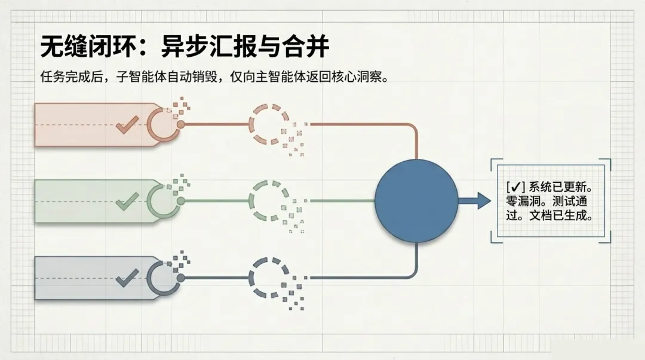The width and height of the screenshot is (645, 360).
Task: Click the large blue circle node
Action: pos(416,201)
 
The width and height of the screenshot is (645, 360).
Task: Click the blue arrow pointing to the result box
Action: pos(475,201)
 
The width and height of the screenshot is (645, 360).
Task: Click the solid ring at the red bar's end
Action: pos(163,125)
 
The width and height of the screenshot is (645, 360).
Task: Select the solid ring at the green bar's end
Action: pos(163,201)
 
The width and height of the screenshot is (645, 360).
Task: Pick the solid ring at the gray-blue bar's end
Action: pos(163,278)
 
